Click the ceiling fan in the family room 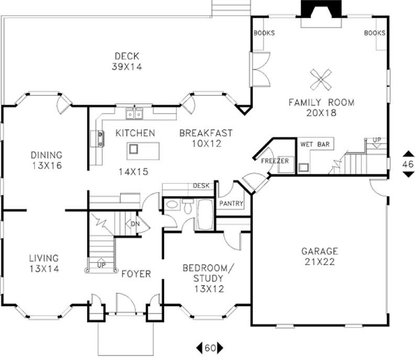point(321,80)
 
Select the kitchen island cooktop point(134,149)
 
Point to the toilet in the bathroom point(188,207)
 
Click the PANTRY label point(231,203)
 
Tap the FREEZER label point(275,161)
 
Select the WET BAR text point(315,144)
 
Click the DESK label point(201,186)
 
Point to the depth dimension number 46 point(407,164)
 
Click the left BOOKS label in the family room point(264,33)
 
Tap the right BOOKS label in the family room point(374,33)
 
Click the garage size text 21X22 point(319,261)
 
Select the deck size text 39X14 point(127,67)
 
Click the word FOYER point(136,274)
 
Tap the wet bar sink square point(303,168)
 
